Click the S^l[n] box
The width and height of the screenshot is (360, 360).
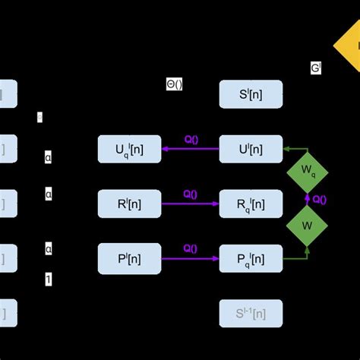click(x=251, y=95)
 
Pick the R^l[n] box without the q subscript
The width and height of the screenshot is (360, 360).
click(x=129, y=204)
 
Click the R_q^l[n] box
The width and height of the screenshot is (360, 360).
click(x=251, y=204)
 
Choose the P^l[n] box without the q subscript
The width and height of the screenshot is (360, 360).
click(x=129, y=258)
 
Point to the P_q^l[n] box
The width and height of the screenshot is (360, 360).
click(x=251, y=258)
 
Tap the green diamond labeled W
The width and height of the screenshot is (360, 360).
click(x=308, y=226)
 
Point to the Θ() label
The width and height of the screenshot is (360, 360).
click(x=174, y=85)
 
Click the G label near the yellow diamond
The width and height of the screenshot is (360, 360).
click(x=315, y=68)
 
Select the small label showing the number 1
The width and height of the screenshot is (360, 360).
click(x=49, y=280)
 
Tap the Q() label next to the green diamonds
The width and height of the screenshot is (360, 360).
click(x=320, y=200)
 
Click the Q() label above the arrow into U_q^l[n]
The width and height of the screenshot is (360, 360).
click(x=191, y=139)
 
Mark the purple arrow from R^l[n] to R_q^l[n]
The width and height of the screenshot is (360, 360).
click(x=190, y=204)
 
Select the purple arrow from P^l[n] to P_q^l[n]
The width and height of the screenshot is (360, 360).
click(x=190, y=258)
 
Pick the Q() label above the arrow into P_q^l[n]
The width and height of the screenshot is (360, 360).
click(x=191, y=248)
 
